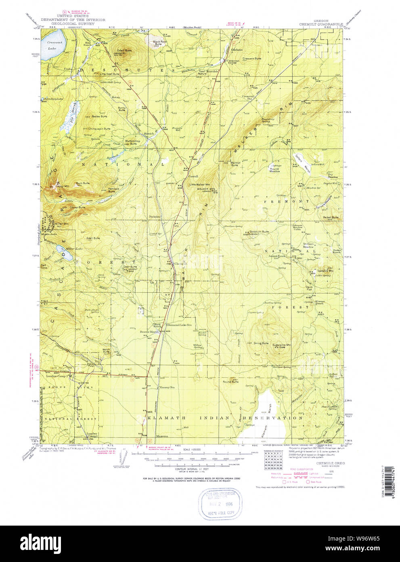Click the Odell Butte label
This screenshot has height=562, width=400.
pyautogui.click(x=124, y=51)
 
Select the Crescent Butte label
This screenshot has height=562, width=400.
pyautogui.click(x=251, y=59)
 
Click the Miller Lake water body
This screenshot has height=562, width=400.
pyautogui.click(x=68, y=256)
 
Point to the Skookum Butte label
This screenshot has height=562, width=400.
pyautogui.click(x=259, y=232)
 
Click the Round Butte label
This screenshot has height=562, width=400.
pyautogui.click(x=230, y=382)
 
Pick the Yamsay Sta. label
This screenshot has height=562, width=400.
pyautogui.click(x=167, y=387)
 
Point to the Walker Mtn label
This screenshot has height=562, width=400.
pyautogui.click(x=205, y=189)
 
